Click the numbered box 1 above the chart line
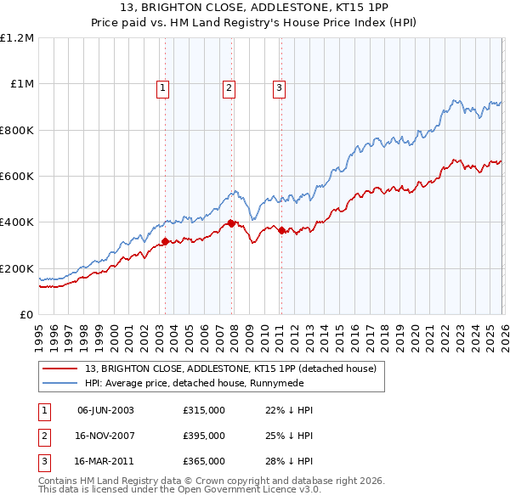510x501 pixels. pos(162,86)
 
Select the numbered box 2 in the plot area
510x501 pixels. pos(229,86)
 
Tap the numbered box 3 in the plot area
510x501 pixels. pos(279,86)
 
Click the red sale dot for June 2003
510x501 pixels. pos(166,242)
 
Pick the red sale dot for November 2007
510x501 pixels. pos(231,223)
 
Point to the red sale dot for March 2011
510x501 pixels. pos(281,230)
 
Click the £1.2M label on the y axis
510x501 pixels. pos(17,38)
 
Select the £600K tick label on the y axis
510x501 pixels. pos(17,177)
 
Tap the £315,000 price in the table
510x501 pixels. pos(204,410)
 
